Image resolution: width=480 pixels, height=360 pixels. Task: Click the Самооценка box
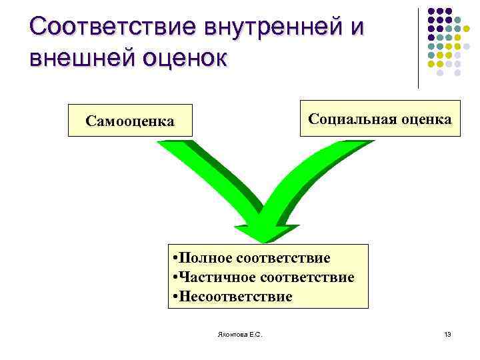coord(130,121)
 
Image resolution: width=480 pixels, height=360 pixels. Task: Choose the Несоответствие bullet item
coord(233,296)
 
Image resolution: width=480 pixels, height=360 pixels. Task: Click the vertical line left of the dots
coord(419,47)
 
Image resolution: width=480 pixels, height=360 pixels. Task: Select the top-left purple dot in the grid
coord(431,11)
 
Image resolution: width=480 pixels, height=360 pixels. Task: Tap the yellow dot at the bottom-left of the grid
coord(431,65)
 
